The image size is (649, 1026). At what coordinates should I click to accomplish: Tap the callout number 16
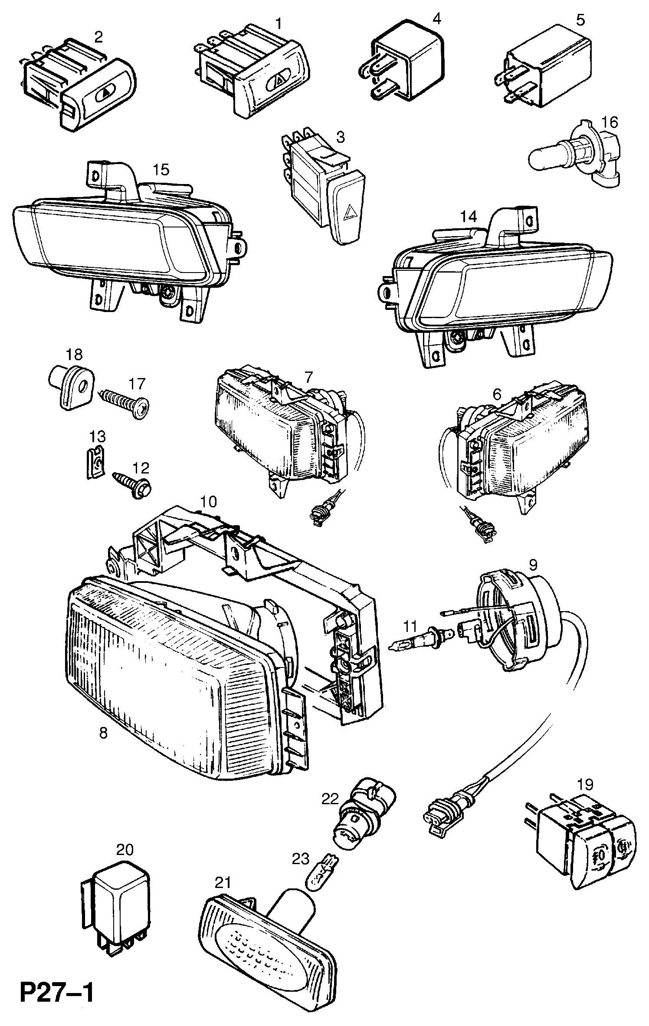click(x=609, y=122)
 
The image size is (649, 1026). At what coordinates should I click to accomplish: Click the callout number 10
click(x=208, y=503)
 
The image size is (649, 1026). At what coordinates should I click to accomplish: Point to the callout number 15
click(x=161, y=170)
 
